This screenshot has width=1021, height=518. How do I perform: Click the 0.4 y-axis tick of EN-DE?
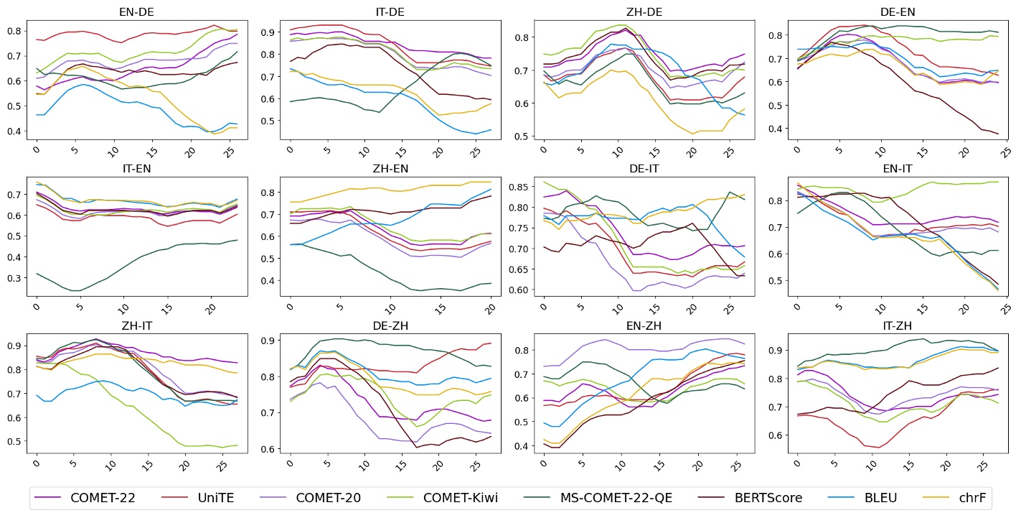click(14, 131)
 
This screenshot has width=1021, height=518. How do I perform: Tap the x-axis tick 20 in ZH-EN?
click(491, 305)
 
